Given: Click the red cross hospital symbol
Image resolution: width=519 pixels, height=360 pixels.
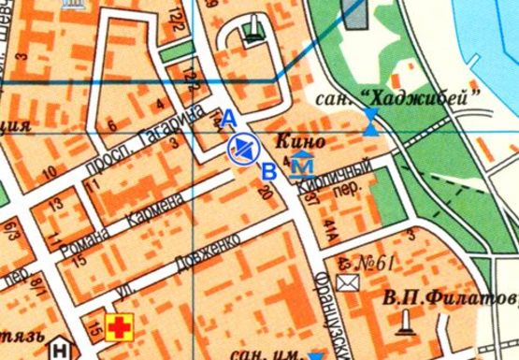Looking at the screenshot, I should coord(120,327).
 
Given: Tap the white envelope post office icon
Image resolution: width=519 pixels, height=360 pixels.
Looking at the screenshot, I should coord(348,281).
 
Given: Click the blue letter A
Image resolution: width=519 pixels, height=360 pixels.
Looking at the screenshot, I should coord(227,118).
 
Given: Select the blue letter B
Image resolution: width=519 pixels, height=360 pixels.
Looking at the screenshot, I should coord(269,170).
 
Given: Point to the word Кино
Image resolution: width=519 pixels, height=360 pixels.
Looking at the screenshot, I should coord(301,144).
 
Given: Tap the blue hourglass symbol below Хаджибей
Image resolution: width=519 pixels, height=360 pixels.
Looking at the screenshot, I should coord(372,122).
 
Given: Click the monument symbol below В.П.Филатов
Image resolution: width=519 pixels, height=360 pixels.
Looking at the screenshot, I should coord(405,323).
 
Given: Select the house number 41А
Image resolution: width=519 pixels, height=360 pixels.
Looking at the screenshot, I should coord(331,225).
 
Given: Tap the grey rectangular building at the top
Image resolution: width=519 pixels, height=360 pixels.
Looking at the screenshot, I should coord(355,13).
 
